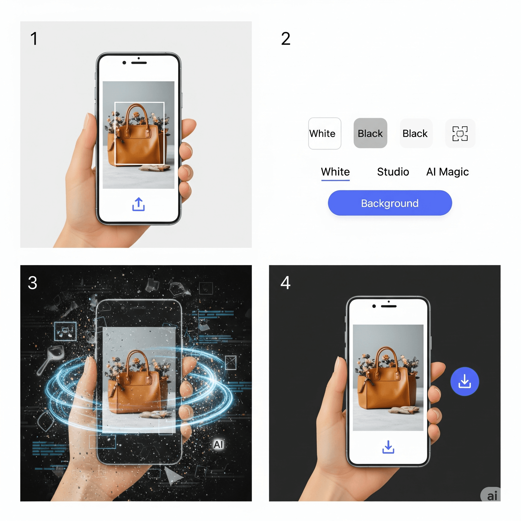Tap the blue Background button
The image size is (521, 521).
pos(390,203)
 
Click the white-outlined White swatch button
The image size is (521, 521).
pos(325,134)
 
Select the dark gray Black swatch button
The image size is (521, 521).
pos(370,133)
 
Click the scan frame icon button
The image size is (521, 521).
pos(460,134)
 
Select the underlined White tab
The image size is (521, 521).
pos(335,172)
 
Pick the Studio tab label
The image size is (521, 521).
pos(393,172)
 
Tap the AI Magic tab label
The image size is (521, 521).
pos(447,172)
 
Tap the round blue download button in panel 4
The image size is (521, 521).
pos(464,381)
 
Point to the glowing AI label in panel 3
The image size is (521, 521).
pos(219,444)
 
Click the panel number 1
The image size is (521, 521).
pos(34,39)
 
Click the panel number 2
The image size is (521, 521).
pos(286,39)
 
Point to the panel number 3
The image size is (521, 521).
pos(32,283)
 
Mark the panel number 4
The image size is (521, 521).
pos(285,283)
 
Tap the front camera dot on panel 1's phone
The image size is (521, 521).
pos(124,63)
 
